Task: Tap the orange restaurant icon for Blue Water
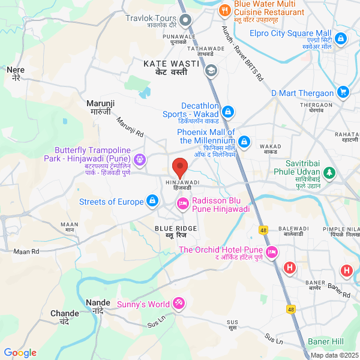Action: [225, 10]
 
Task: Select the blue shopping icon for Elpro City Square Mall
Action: [341, 39]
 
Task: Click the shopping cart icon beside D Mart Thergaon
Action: [343, 92]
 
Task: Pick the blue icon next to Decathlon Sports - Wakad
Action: [228, 112]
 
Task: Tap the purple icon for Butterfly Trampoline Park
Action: [139, 159]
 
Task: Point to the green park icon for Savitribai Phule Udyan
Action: [329, 173]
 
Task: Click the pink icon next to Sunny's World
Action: [178, 304]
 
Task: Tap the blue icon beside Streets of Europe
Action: [152, 200]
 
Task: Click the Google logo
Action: [20, 353]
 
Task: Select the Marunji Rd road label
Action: [130, 128]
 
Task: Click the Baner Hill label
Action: [325, 341]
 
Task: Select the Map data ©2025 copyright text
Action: [334, 355]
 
